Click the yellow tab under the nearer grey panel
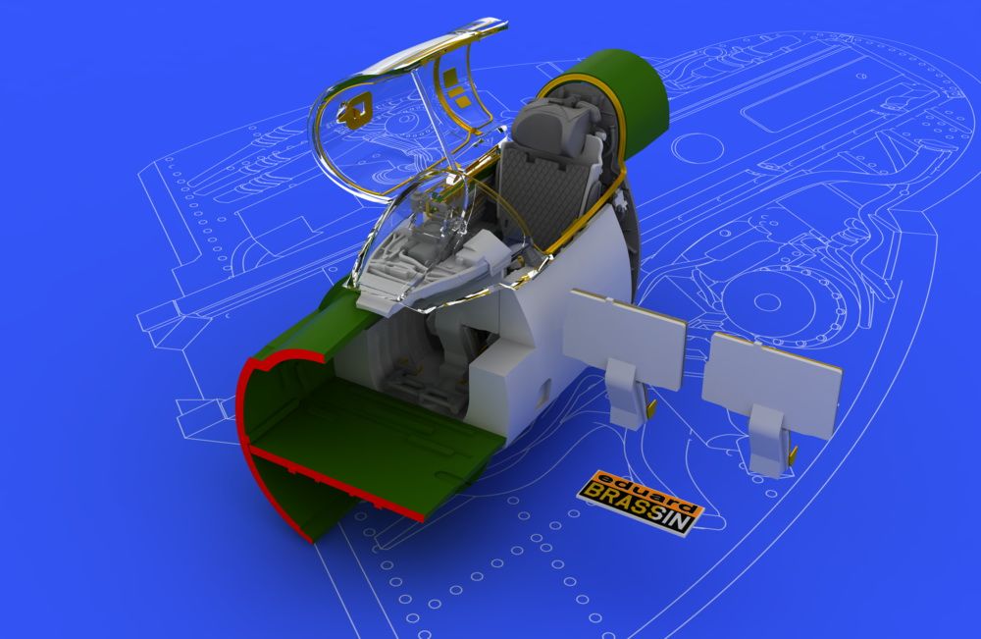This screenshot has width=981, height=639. coord(651,408)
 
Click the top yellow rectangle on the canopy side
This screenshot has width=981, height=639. coord(450,77)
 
